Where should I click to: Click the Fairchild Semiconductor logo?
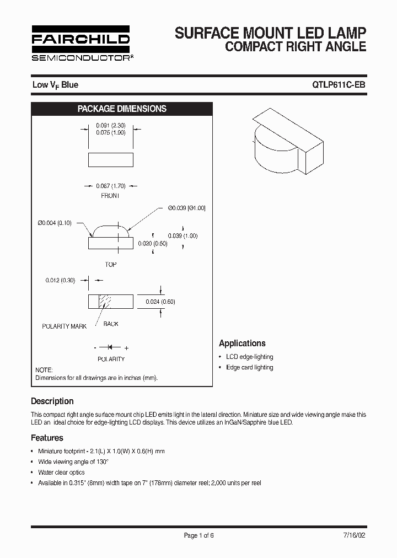[x=81, y=43]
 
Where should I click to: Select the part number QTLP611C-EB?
[x=339, y=85]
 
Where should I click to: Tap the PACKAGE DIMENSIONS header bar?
[x=122, y=109]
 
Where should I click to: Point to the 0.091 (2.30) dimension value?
[x=111, y=125]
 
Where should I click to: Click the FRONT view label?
[x=110, y=196]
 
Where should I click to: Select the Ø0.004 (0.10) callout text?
[x=55, y=223]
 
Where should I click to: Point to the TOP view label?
[x=111, y=265]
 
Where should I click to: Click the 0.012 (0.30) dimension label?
[x=60, y=280]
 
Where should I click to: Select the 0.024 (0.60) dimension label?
[x=160, y=302]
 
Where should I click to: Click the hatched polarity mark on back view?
[x=105, y=302]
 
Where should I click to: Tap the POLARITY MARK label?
[x=65, y=326]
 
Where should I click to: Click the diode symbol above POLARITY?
[x=110, y=347]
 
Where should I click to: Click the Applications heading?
[x=242, y=343]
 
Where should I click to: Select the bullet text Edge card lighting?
[x=249, y=367]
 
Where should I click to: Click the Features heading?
[x=47, y=438]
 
